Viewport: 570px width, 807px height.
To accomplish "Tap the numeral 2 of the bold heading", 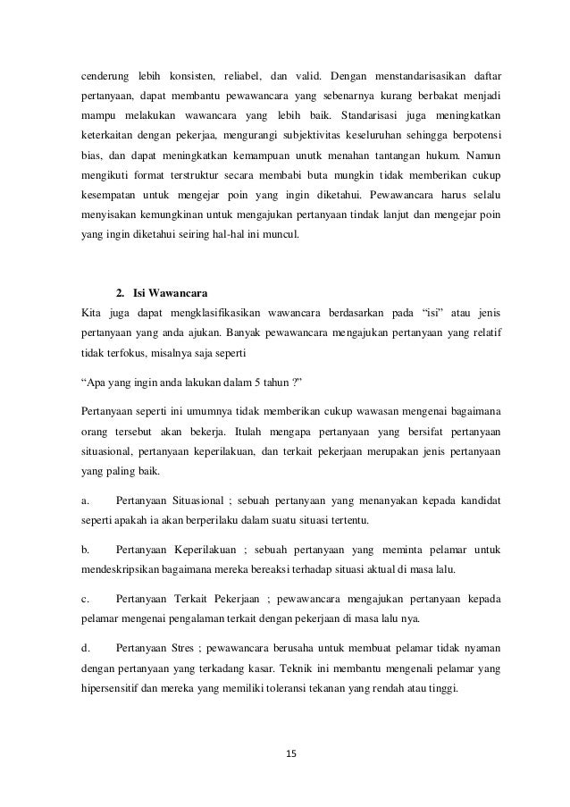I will tap(120, 292).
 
